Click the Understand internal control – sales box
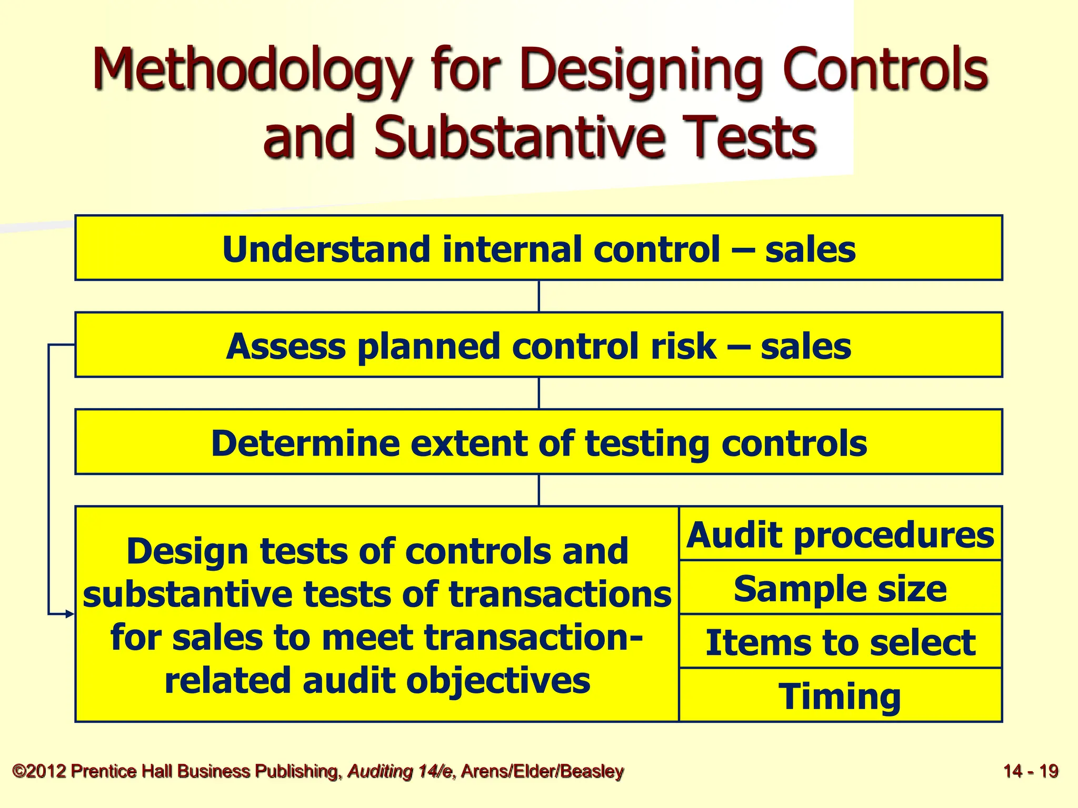[x=538, y=248]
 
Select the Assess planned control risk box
[x=538, y=346]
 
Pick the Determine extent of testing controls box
[x=538, y=442]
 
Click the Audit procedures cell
[x=840, y=534]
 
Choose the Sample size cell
[x=840, y=588]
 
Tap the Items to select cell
[x=840, y=642]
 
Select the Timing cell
[x=840, y=696]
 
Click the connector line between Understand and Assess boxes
[x=538, y=296]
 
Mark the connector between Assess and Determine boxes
[x=538, y=393]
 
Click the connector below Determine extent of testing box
[x=538, y=490]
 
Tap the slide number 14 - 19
[x=1031, y=771]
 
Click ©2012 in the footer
[x=39, y=771]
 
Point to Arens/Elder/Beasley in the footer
[x=542, y=771]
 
